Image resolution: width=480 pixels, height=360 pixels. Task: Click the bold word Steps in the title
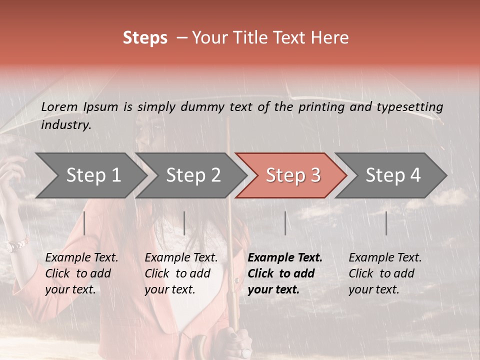[145, 38]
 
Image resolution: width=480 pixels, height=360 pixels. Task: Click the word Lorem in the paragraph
[59, 107]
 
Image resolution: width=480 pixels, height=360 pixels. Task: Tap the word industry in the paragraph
[66, 125]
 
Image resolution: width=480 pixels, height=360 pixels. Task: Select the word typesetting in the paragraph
[409, 107]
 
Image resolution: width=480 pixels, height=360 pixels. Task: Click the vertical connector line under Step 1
[84, 223]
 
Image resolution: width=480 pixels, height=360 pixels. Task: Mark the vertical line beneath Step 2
[184, 223]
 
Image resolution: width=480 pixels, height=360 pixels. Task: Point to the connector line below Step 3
[285, 223]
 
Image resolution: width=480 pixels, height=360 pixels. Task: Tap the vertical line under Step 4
[386, 223]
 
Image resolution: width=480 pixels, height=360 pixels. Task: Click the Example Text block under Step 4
[385, 273]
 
